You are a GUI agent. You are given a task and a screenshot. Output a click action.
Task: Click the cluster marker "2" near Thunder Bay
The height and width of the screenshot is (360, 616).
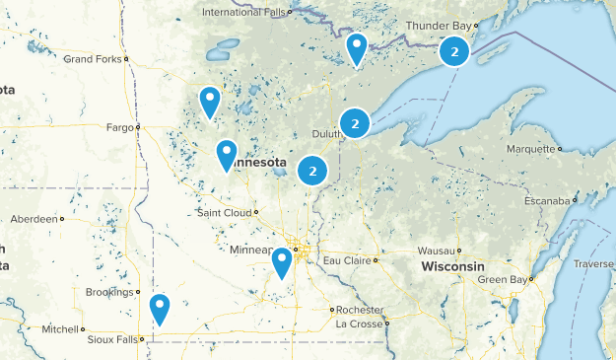tap(453, 51)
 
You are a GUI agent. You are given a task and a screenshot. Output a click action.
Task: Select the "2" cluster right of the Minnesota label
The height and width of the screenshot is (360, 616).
tap(312, 171)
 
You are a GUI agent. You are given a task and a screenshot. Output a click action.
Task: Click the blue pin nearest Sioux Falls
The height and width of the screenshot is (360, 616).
tap(160, 309)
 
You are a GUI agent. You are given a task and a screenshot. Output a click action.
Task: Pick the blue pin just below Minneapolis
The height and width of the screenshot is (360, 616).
tap(282, 261)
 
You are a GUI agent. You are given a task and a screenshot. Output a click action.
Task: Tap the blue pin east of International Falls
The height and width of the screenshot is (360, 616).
tap(356, 47)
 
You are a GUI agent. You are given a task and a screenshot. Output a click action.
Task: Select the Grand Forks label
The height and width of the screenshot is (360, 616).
tap(91, 59)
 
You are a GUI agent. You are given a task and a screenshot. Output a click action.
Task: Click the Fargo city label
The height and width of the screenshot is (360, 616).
tap(118, 126)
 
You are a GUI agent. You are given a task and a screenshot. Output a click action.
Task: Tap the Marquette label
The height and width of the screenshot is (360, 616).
tap(531, 149)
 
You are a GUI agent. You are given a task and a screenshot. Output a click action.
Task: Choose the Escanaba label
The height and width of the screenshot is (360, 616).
tap(546, 201)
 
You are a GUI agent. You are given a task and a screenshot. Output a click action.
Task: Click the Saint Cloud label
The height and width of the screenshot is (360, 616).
tap(223, 212)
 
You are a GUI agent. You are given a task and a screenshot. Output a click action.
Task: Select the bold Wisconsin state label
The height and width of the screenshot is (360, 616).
tap(452, 267)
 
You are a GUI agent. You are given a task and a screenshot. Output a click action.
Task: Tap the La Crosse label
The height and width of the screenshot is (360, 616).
tap(357, 324)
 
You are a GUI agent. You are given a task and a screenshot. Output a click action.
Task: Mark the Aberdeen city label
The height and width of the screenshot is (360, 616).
tap(34, 219)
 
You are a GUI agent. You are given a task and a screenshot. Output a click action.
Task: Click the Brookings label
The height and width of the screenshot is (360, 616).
tap(108, 292)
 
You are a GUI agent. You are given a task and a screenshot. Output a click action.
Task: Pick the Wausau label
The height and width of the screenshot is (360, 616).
tap(434, 251)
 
